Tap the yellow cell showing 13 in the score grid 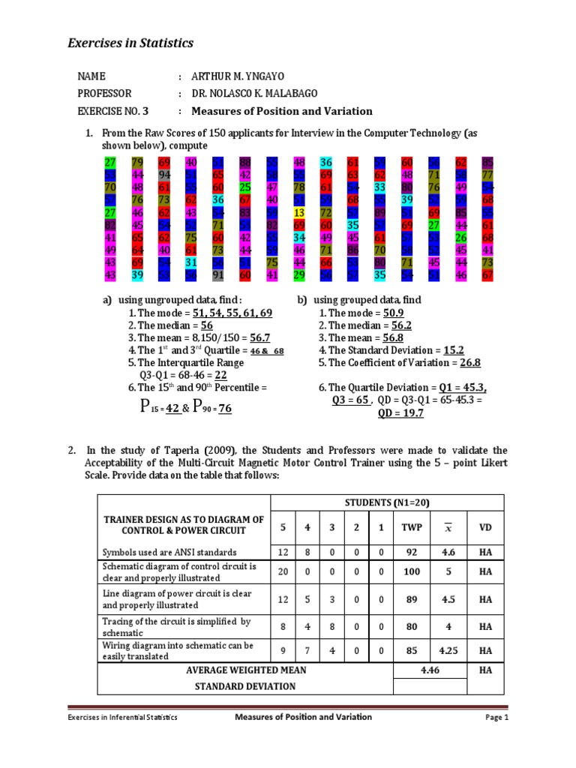coord(299,213)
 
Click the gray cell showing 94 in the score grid coord(164,175)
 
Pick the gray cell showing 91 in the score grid coord(218,275)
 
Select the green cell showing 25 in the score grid coord(245,187)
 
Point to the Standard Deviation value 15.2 coord(454,350)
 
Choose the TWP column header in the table coord(412,526)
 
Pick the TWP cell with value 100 coord(412,572)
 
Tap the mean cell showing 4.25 coord(447,650)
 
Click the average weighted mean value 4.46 coord(430,670)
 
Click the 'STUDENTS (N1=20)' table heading coord(387,502)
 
